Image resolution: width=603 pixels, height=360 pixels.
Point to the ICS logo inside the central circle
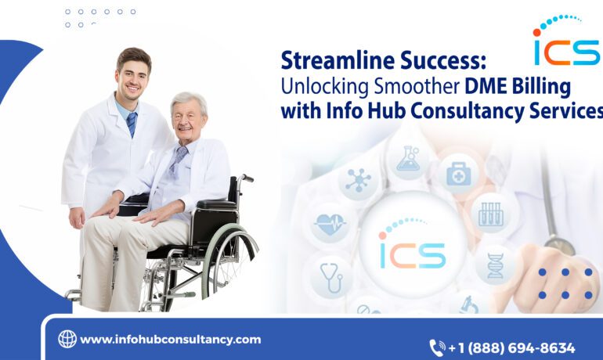[x=411, y=248]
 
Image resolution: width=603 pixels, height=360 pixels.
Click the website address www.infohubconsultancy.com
[x=170, y=339]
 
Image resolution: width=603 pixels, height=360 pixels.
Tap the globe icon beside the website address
[x=67, y=339]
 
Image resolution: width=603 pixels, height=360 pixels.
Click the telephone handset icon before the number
[x=437, y=347]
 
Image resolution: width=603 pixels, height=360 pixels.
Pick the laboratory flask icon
[x=407, y=159]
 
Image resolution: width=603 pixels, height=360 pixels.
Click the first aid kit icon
[x=458, y=174]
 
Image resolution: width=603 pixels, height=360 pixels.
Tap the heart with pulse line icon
[x=329, y=225]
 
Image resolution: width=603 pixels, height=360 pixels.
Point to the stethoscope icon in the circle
[x=331, y=275]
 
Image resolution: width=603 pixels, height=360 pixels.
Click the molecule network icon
[x=358, y=180]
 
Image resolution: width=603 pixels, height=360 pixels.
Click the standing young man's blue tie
[x=132, y=123]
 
